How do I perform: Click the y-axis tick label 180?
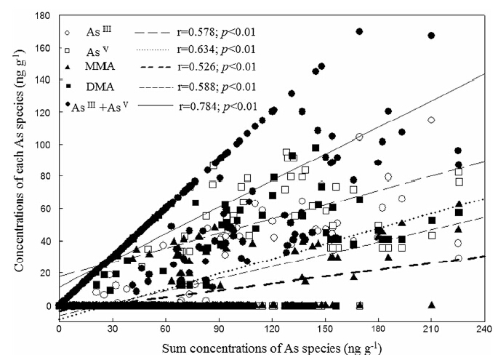point(44,15)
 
